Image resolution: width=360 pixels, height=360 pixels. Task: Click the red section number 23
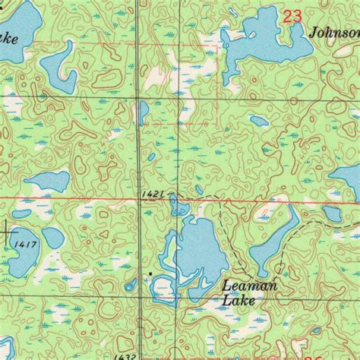pyautogui.click(x=292, y=16)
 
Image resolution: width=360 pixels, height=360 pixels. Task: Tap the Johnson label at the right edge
pyautogui.click(x=335, y=33)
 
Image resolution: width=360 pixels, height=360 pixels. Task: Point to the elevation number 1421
pyautogui.click(x=151, y=195)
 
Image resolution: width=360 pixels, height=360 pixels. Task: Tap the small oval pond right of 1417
pyautogui.click(x=52, y=238)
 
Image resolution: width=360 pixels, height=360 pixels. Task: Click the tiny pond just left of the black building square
pyautogui.click(x=131, y=286)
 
